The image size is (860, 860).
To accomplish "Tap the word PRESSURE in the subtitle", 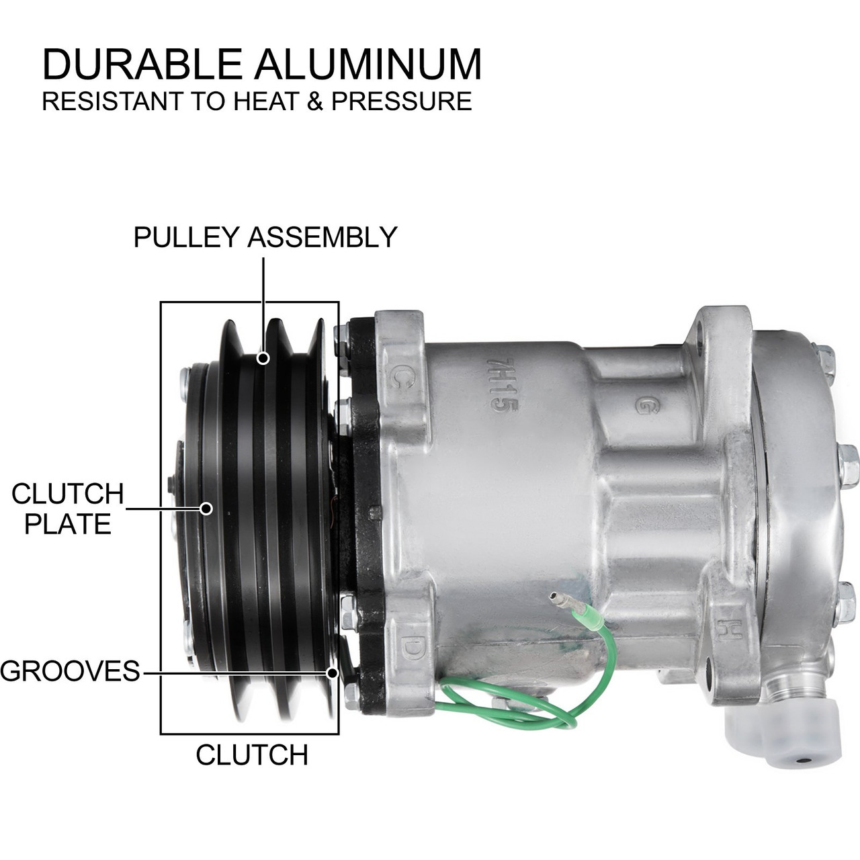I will (x=401, y=101).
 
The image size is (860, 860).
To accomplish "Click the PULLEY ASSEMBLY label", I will (x=265, y=237).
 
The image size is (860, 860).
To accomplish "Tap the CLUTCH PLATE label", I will (x=68, y=509).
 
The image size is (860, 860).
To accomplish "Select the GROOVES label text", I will (x=70, y=671).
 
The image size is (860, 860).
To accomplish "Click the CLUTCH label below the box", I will (x=252, y=755).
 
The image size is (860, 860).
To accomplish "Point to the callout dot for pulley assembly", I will (x=263, y=358).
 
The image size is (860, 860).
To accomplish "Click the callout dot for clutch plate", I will (x=206, y=509).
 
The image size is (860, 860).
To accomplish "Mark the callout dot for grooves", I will (x=332, y=672).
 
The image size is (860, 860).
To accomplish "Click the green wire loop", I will (x=511, y=705).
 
